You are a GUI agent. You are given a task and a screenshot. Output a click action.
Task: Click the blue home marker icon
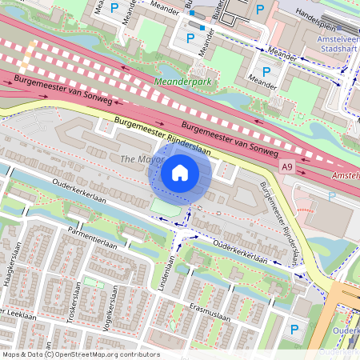180,173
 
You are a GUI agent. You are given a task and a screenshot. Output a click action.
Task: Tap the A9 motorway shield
287,166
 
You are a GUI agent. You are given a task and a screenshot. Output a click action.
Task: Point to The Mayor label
135,160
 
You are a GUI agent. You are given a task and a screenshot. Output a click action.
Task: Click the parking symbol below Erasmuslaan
294,329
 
